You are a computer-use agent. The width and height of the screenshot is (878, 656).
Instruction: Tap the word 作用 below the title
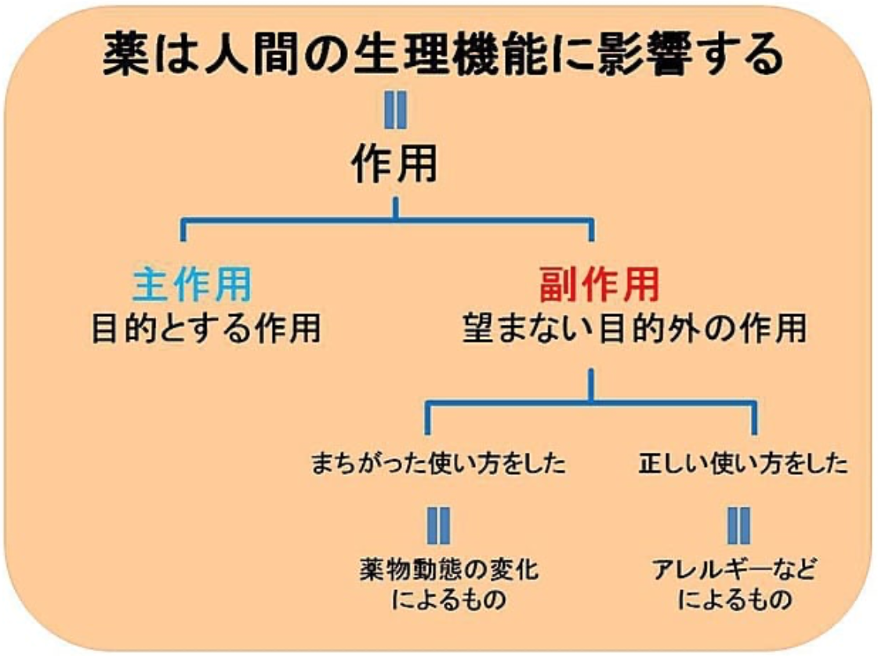[394, 166]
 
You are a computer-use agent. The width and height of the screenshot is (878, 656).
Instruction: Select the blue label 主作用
[193, 286]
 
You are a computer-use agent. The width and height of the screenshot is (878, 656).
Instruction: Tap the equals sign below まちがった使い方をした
[437, 524]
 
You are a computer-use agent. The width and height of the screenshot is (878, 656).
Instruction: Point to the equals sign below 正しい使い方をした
[738, 524]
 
